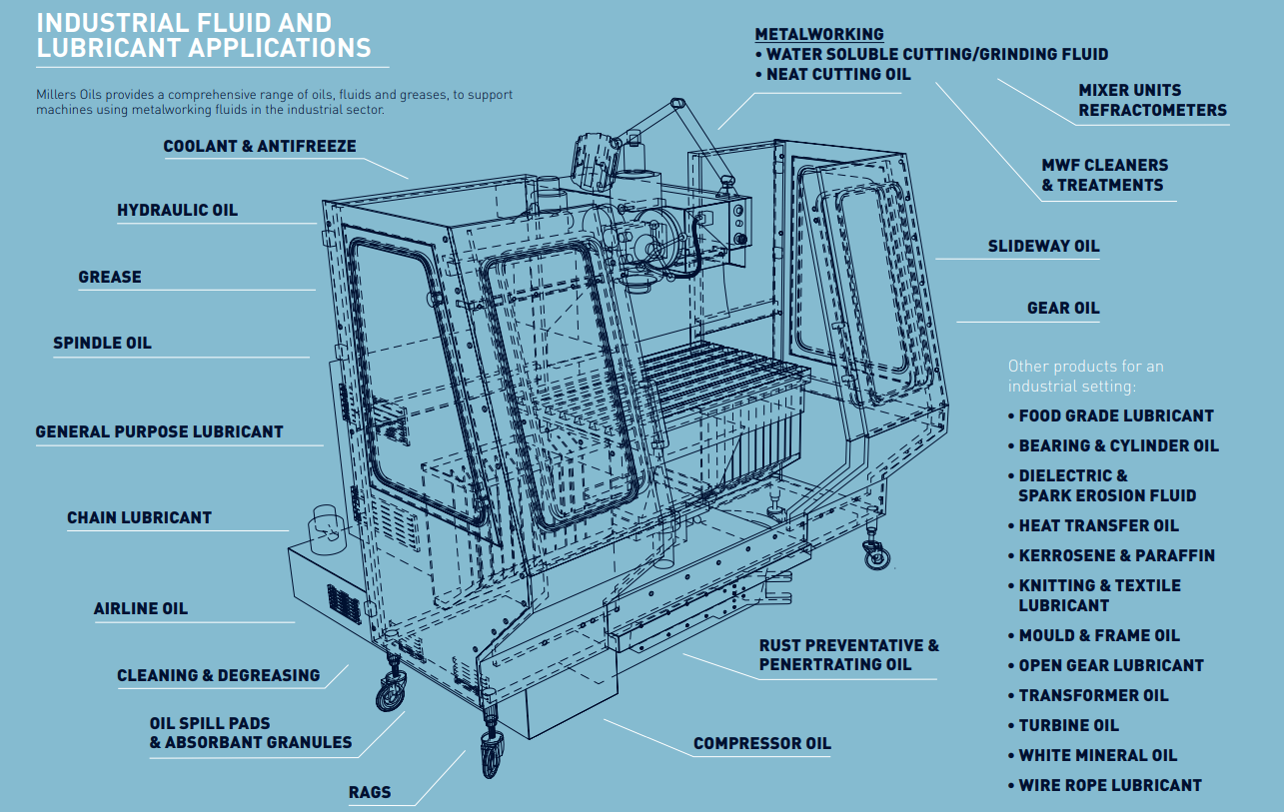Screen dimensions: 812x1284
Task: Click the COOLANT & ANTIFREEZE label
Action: tap(259, 146)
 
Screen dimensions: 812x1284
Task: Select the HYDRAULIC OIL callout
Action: tap(177, 210)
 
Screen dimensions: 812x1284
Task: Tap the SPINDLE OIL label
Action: tap(102, 343)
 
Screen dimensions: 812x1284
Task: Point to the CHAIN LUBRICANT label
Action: tap(139, 517)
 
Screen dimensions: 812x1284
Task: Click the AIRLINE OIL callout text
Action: tap(140, 608)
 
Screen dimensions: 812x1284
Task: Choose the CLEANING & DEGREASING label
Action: tap(218, 675)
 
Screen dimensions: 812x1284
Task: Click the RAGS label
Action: tap(369, 793)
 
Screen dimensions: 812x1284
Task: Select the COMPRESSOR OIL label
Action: tap(761, 743)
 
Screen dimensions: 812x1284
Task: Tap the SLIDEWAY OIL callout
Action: tap(1043, 246)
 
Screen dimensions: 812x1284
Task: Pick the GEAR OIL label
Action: tap(1063, 308)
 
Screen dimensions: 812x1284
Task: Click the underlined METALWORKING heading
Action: tap(818, 34)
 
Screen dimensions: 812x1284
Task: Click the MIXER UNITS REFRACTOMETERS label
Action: tap(1151, 100)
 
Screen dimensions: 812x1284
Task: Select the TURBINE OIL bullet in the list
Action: tap(1067, 725)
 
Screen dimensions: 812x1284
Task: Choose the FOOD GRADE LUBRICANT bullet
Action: tap(1115, 415)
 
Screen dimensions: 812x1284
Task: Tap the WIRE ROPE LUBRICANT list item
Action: tap(1109, 785)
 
